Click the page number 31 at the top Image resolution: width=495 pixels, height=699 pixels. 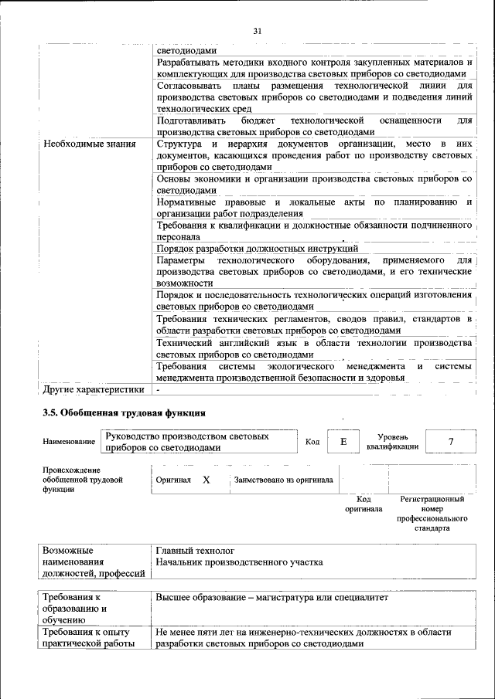coord(258,31)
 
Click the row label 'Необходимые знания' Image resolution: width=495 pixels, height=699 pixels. coord(90,144)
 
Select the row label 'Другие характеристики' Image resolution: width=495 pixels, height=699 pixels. coord(94,389)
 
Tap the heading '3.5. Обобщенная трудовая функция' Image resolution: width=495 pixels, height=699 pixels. coord(124,413)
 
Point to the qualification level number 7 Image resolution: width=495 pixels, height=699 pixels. coord(450,441)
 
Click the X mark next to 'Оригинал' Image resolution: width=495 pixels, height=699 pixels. coord(207,480)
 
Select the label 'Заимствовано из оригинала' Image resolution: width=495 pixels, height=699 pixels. coord(283,480)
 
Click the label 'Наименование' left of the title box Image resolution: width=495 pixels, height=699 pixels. coord(70,442)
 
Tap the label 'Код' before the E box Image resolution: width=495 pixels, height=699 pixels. coord(312,442)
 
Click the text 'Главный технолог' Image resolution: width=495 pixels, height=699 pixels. coord(195,551)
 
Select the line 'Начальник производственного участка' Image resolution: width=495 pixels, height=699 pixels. coord(239,562)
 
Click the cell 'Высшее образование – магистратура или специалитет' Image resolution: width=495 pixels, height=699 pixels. coord(271,598)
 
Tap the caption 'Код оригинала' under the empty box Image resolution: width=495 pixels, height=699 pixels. coord(364,504)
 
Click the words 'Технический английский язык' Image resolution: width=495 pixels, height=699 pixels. coord(218,342)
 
